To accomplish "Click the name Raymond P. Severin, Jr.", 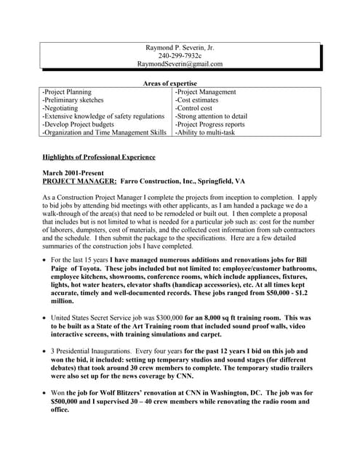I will (180, 47).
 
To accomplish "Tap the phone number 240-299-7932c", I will (180, 55).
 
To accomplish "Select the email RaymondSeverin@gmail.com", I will (180, 64).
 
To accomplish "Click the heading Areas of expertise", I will (180, 84).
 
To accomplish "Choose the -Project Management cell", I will (206, 92).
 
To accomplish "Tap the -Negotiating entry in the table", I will (63, 108).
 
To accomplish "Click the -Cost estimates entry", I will (198, 100).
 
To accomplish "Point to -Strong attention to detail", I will (211, 116).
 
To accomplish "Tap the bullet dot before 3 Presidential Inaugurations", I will (45, 352).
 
